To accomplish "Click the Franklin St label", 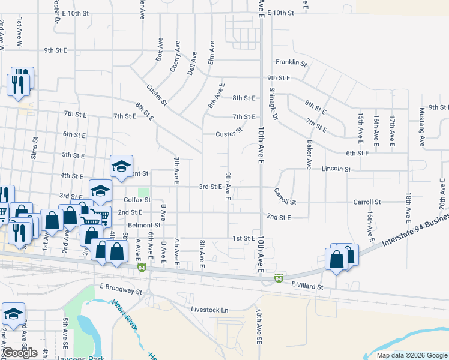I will click(291, 62).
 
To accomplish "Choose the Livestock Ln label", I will click(210, 310).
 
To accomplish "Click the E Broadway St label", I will click(121, 289).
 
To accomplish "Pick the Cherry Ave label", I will click(175, 57).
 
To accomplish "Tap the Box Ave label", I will click(159, 50).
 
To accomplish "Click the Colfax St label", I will click(137, 199).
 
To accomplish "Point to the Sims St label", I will click(34, 148).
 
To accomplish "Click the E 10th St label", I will click(280, 13).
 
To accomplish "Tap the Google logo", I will click(20, 353).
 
